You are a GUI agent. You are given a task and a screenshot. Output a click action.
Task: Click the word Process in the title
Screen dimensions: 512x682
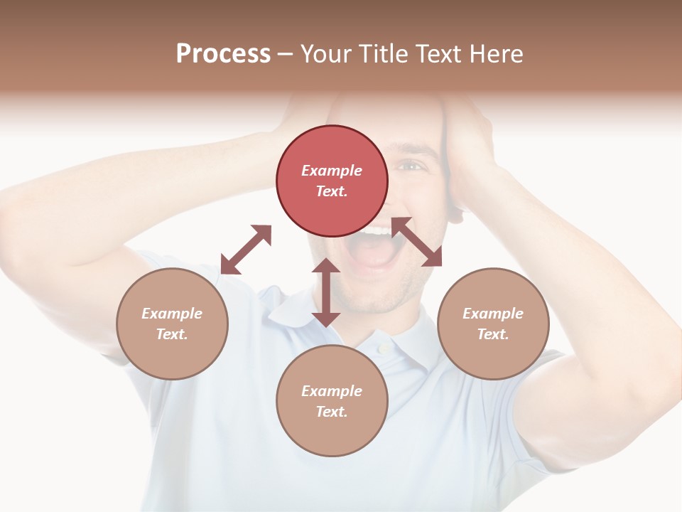pos(223,54)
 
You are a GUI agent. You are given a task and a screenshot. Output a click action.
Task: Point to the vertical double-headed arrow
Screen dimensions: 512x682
pos(326,292)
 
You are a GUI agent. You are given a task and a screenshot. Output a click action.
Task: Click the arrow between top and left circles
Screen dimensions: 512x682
pos(246,250)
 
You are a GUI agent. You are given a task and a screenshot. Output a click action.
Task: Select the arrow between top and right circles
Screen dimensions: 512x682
pos(416,242)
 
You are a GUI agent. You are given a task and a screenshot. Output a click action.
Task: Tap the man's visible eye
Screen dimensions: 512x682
pos(411,166)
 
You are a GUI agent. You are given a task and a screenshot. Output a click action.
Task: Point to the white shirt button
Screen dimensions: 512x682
pos(384,348)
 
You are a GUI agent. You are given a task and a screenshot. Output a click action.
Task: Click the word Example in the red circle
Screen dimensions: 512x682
pos(332,171)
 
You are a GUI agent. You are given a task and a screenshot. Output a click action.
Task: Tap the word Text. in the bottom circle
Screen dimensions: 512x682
pos(332,412)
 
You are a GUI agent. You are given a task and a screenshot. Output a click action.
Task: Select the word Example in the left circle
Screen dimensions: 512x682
pos(172,314)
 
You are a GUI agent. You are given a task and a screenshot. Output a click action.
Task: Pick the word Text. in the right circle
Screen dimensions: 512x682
pos(493,334)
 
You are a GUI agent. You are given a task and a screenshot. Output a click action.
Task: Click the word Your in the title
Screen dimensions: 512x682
pos(328,54)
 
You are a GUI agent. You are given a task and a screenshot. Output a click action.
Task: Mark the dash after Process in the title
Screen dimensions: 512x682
pos(285,55)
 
